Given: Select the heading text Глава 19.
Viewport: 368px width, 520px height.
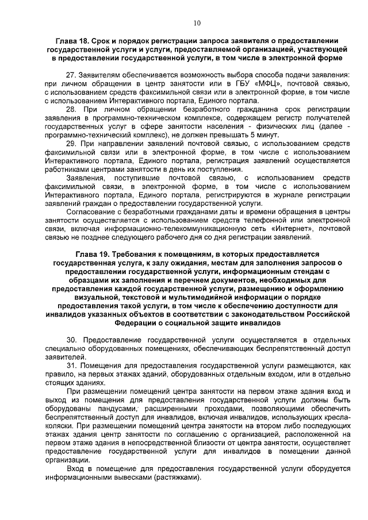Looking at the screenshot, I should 93,253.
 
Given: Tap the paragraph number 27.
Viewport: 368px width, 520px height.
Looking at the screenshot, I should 71,75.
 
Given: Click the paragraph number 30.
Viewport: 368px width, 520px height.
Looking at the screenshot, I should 71,340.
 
